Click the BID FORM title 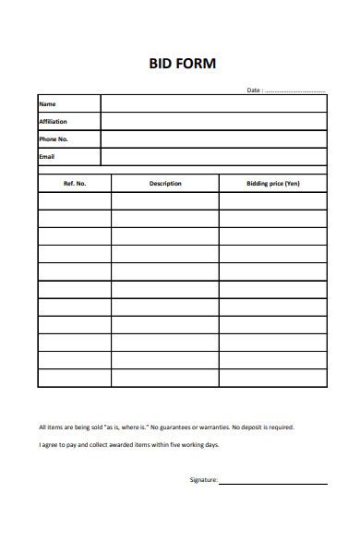(x=182, y=65)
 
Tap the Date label (x=254, y=90)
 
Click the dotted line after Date (x=295, y=91)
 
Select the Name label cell (x=68, y=103)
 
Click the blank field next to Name (x=213, y=103)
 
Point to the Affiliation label (x=68, y=121)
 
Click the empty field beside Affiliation (x=213, y=121)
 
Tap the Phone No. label (x=68, y=138)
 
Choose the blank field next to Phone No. (x=213, y=138)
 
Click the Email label (x=68, y=156)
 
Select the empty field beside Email (x=213, y=156)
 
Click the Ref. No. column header (x=75, y=183)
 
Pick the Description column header (x=165, y=183)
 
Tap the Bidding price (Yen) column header (x=272, y=183)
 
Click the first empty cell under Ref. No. (x=75, y=200)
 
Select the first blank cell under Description (x=165, y=200)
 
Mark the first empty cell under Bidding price (x=272, y=200)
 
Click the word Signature (x=202, y=480)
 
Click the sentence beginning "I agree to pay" (x=129, y=444)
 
